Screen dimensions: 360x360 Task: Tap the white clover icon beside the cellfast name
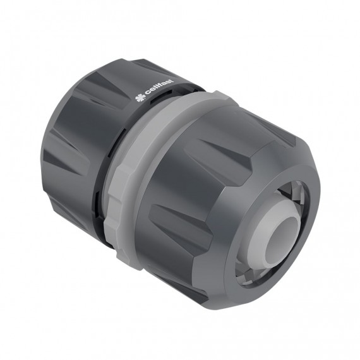click(140, 99)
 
